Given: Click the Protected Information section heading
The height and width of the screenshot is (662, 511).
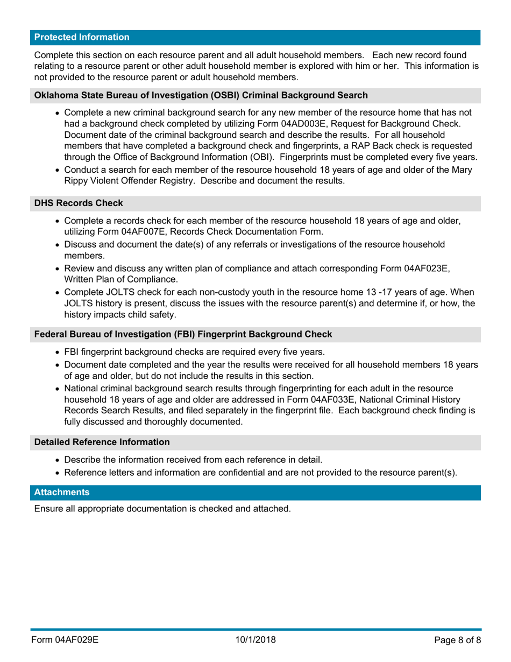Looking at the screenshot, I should point(82,38).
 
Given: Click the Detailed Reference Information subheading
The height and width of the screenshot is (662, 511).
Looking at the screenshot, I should point(102,442).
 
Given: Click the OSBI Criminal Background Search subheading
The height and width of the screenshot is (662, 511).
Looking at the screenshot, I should point(201,95).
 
